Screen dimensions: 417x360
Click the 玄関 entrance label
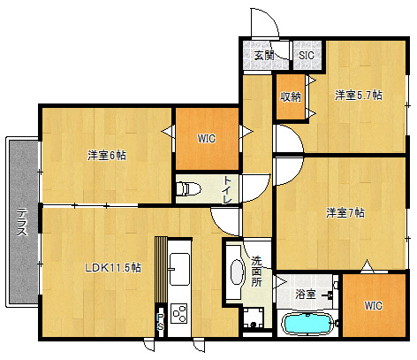click(x=264, y=55)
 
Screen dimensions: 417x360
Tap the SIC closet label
click(x=307, y=55)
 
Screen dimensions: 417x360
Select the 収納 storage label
click(x=291, y=96)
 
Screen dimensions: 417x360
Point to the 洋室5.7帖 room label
click(x=359, y=96)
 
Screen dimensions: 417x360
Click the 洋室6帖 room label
click(x=107, y=155)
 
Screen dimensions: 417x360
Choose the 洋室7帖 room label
click(x=345, y=212)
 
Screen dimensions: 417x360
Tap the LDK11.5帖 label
click(x=113, y=267)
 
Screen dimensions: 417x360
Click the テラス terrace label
click(x=22, y=222)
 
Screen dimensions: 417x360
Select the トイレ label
click(x=227, y=190)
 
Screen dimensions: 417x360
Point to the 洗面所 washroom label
click(x=256, y=272)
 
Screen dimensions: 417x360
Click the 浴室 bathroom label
click(x=306, y=294)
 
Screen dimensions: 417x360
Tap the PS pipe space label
click(x=160, y=322)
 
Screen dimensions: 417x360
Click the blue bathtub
click(x=307, y=324)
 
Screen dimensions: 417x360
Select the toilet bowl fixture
click(x=188, y=188)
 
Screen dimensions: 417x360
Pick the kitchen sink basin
click(x=179, y=269)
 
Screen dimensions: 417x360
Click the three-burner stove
click(x=179, y=313)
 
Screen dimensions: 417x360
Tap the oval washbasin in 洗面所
click(x=238, y=272)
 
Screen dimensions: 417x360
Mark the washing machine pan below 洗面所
click(x=254, y=318)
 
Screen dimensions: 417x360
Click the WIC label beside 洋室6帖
click(x=207, y=138)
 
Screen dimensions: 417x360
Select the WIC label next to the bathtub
click(x=373, y=305)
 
